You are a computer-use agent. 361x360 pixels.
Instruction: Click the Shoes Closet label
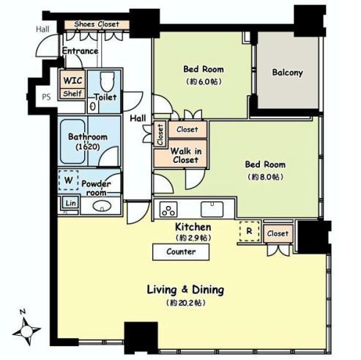click(x=97, y=24)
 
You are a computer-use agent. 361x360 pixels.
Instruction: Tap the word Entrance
click(x=80, y=51)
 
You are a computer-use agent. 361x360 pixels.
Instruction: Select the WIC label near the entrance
click(x=72, y=81)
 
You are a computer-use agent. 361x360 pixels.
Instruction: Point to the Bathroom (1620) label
click(x=88, y=141)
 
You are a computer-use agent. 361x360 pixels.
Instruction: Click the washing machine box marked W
click(x=68, y=180)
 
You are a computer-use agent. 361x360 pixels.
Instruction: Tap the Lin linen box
click(x=70, y=202)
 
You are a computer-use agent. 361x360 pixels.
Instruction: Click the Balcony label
click(x=287, y=73)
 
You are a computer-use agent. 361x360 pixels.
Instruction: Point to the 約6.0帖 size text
click(x=203, y=82)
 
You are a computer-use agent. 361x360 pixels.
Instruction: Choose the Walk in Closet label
click(x=185, y=155)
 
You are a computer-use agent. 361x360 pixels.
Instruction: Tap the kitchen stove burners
click(x=166, y=208)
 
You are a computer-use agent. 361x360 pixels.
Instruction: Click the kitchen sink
click(x=212, y=207)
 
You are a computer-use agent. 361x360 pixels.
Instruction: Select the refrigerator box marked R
click(x=248, y=232)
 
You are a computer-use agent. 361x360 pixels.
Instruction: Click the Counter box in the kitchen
click(x=181, y=251)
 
